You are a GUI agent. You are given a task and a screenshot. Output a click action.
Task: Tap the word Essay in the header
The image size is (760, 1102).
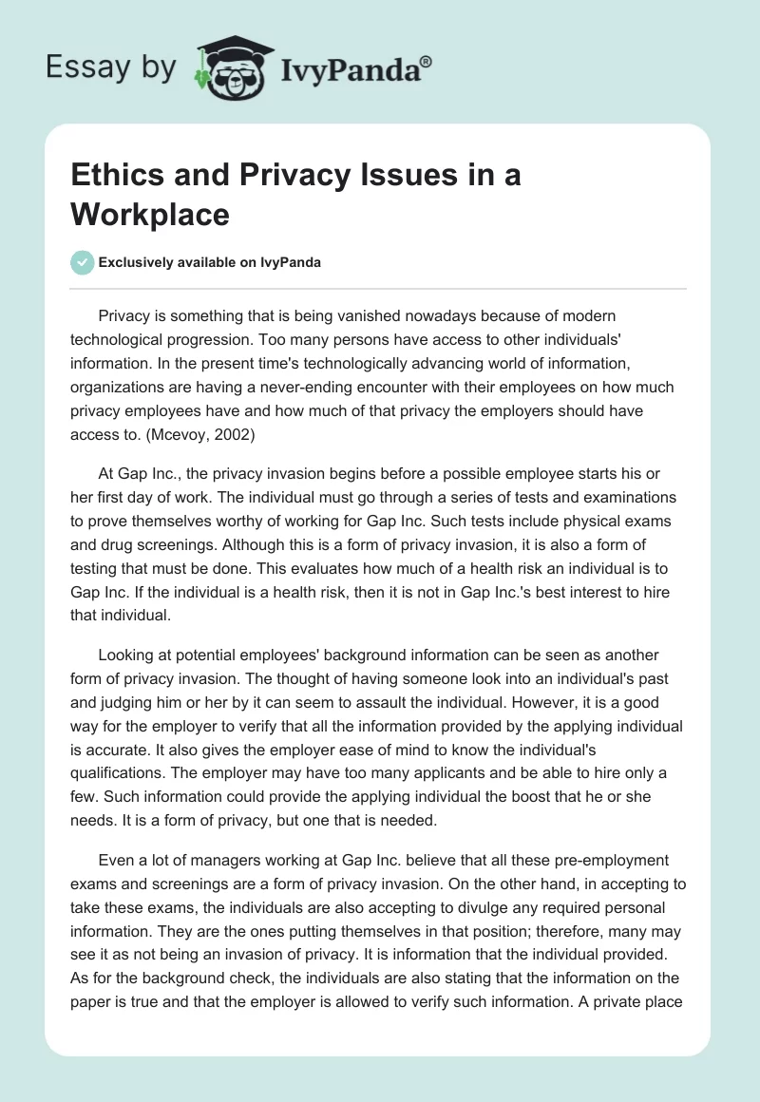(78, 66)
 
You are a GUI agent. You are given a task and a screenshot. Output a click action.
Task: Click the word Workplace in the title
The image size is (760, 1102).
(149, 215)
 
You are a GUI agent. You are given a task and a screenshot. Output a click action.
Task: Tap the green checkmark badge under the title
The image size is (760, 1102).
(83, 262)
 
